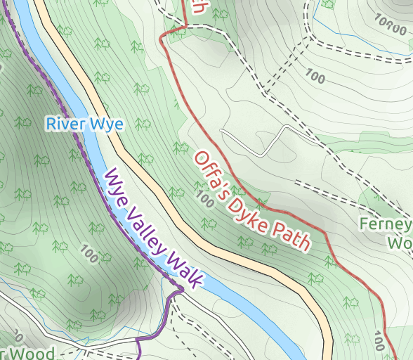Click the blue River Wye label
pos(85,124)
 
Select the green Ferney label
pos(386,224)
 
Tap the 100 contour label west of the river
pos(90,252)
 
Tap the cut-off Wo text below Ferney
pos(400,243)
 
